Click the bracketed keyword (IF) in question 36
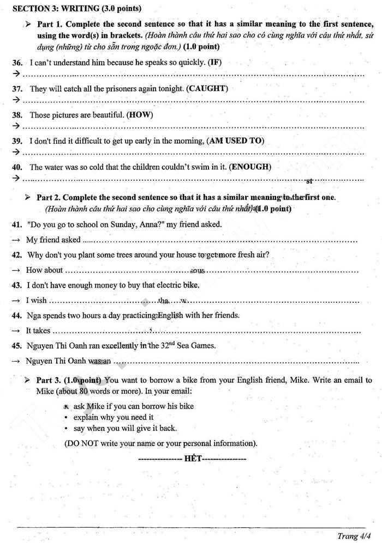pyautogui.click(x=215, y=62)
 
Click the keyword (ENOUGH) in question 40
pyautogui.click(x=250, y=167)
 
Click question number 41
pyautogui.click(x=17, y=224)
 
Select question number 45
pyautogui.click(x=17, y=345)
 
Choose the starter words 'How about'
pyautogui.click(x=44, y=270)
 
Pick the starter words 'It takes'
pyautogui.click(x=38, y=330)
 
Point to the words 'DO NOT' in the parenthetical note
pyautogui.click(x=84, y=443)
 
